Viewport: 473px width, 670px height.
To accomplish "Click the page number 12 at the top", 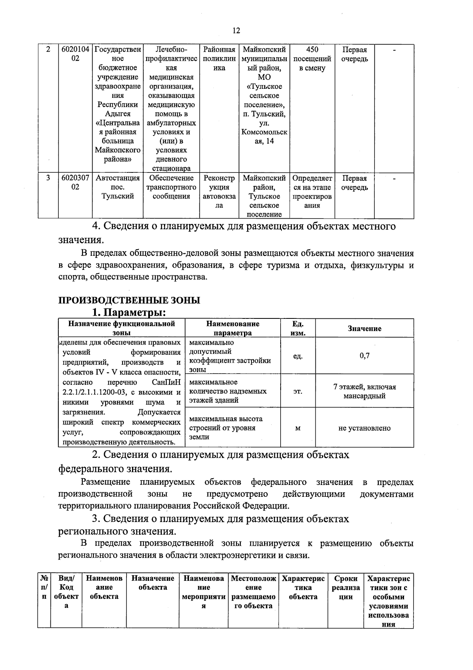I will tap(236, 31).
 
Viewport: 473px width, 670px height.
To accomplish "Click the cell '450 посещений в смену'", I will tap(312, 59).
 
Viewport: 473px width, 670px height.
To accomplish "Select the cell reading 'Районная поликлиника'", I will tap(219, 59).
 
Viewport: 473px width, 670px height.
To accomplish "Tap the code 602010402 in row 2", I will tap(75, 54).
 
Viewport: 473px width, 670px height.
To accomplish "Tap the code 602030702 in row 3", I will tap(75, 183).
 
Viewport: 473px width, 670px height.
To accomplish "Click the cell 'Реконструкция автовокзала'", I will tap(219, 192).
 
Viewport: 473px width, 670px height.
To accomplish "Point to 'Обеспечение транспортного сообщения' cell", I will tap(171, 187).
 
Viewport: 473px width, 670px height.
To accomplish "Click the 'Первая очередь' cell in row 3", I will tap(354, 183).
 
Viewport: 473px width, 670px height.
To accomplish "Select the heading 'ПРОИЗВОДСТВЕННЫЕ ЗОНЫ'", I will tap(129, 300).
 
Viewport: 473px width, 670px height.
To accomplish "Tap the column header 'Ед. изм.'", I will tap(298, 328).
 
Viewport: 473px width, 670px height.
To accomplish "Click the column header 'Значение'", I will tap(364, 328).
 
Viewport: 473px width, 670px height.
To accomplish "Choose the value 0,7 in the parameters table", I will tap(364, 356).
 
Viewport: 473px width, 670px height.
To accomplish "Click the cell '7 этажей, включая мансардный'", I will tap(364, 391).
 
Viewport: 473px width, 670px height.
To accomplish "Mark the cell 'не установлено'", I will tap(364, 428).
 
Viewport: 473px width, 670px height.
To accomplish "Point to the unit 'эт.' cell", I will tap(298, 391).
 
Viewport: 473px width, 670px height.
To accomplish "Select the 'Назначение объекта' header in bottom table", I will tap(153, 583).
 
